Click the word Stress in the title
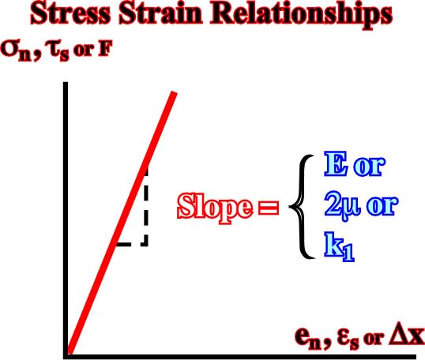point(70,13)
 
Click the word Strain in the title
point(160,13)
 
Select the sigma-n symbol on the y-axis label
point(17,51)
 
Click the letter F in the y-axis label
point(105,49)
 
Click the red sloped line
point(122,223)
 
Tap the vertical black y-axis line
point(66,219)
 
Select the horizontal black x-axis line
point(239,357)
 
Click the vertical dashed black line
point(146,207)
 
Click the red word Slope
point(215,207)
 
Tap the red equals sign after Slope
point(269,208)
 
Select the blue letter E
point(336,164)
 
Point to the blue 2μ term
point(342,205)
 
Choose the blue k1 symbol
point(340,247)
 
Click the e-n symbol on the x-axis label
point(308,338)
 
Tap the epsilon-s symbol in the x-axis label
point(348,339)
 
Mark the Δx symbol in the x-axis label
point(407,335)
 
